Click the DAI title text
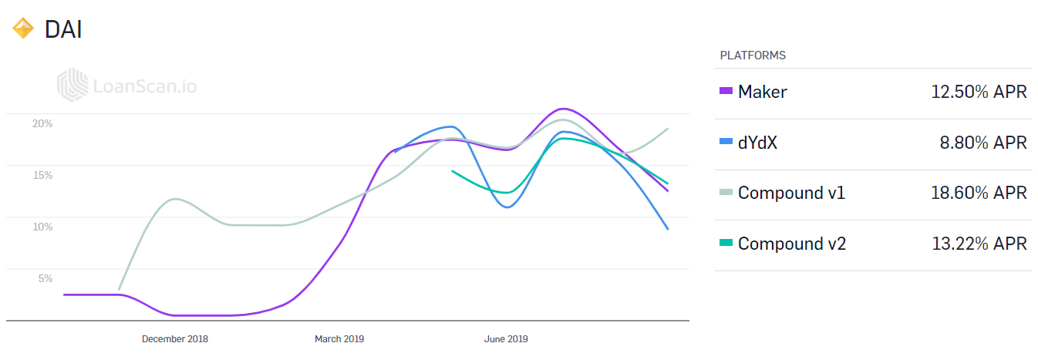(x=63, y=29)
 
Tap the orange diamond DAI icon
(x=22, y=29)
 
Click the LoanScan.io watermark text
(x=145, y=86)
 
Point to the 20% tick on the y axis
(x=42, y=123)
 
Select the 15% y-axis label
(x=42, y=175)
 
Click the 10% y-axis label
(x=42, y=227)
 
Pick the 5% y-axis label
(x=45, y=278)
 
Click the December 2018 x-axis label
(x=175, y=338)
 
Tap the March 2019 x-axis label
(x=339, y=338)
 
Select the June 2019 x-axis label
(x=506, y=338)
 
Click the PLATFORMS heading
(x=753, y=56)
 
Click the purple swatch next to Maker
(x=726, y=90)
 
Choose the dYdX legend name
(x=757, y=143)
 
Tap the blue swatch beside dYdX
(x=726, y=141)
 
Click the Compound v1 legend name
(x=791, y=193)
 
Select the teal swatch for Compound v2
(x=726, y=242)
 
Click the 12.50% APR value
(x=979, y=92)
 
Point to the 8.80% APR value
(x=982, y=143)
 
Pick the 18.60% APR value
(x=979, y=193)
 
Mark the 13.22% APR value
(x=979, y=244)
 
